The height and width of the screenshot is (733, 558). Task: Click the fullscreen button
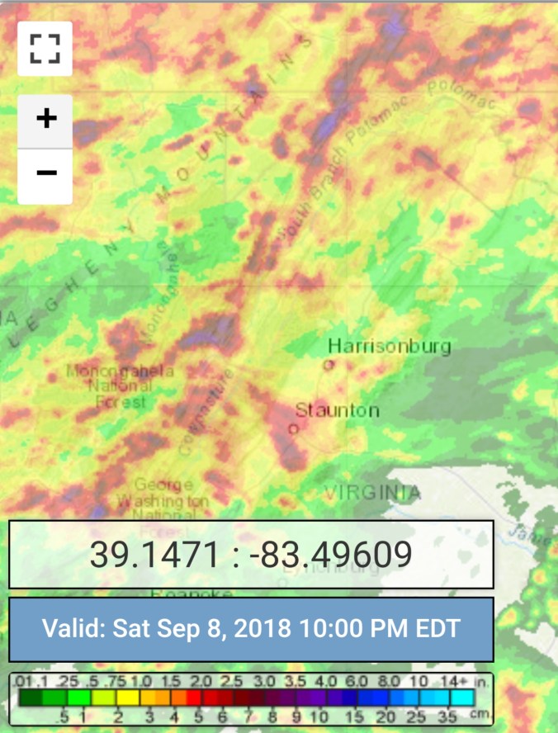(45, 49)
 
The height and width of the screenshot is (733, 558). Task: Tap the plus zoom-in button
(46, 119)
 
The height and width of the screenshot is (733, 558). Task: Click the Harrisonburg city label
(390, 346)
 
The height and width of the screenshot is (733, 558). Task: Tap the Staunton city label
(338, 410)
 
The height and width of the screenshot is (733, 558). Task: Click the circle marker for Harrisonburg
(329, 364)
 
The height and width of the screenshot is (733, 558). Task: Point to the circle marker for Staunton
(293, 428)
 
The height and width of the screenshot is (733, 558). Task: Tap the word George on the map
(163, 485)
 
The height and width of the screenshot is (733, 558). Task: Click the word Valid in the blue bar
(73, 627)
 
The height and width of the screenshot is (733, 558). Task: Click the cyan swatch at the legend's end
(462, 698)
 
